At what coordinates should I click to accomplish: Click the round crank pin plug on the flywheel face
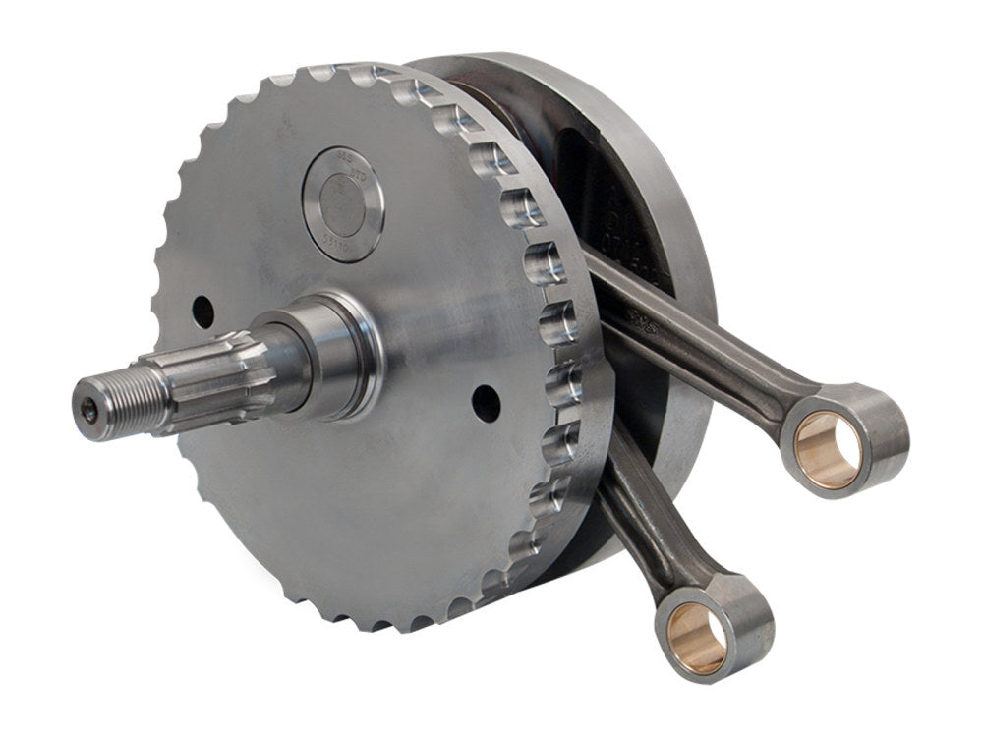[x=343, y=203]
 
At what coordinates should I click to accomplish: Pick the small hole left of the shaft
[x=202, y=312]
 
